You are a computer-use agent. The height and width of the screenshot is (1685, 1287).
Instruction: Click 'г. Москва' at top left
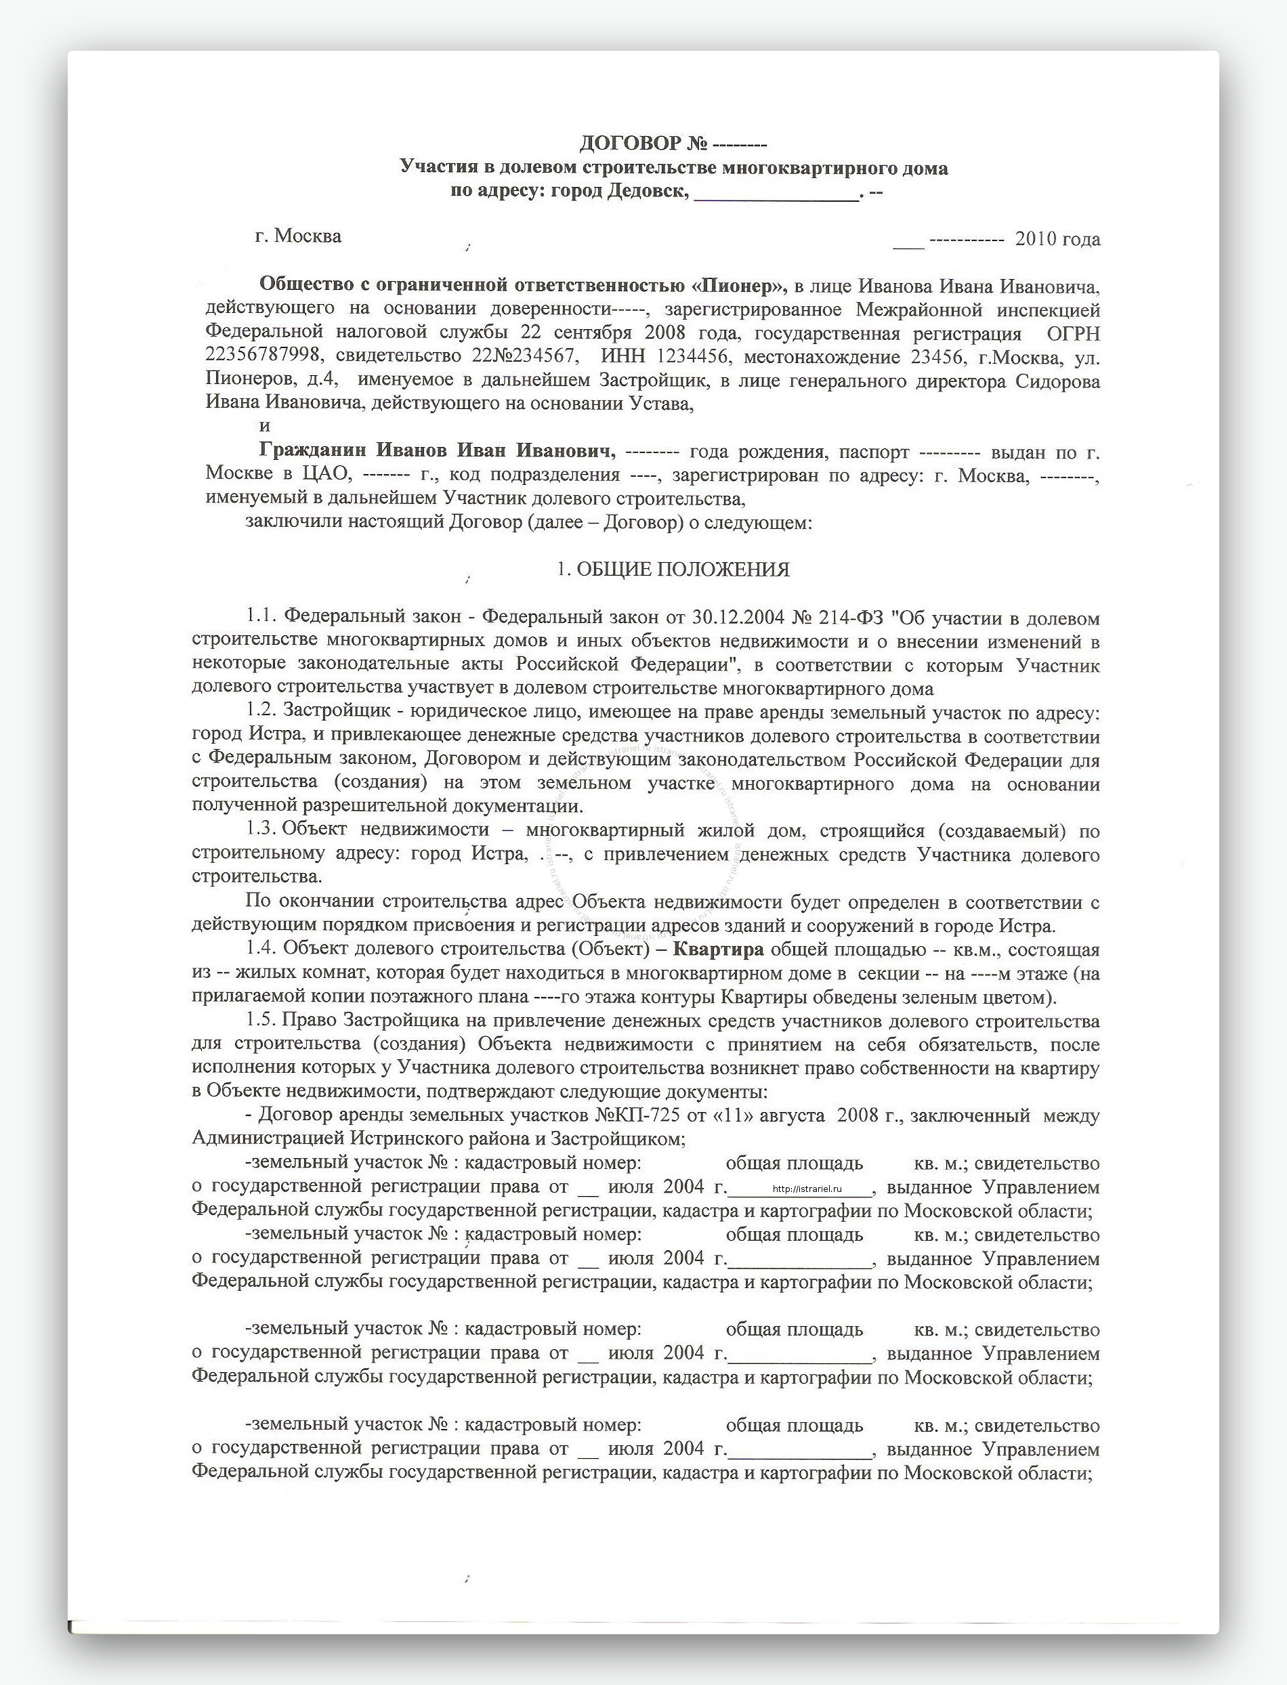click(x=298, y=236)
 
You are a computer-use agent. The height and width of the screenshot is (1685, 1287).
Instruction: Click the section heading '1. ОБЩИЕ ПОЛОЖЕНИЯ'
click(x=673, y=570)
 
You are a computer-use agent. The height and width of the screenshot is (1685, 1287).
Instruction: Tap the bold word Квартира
click(x=718, y=949)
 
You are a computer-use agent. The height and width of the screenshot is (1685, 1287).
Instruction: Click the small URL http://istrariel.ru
click(x=807, y=1188)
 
